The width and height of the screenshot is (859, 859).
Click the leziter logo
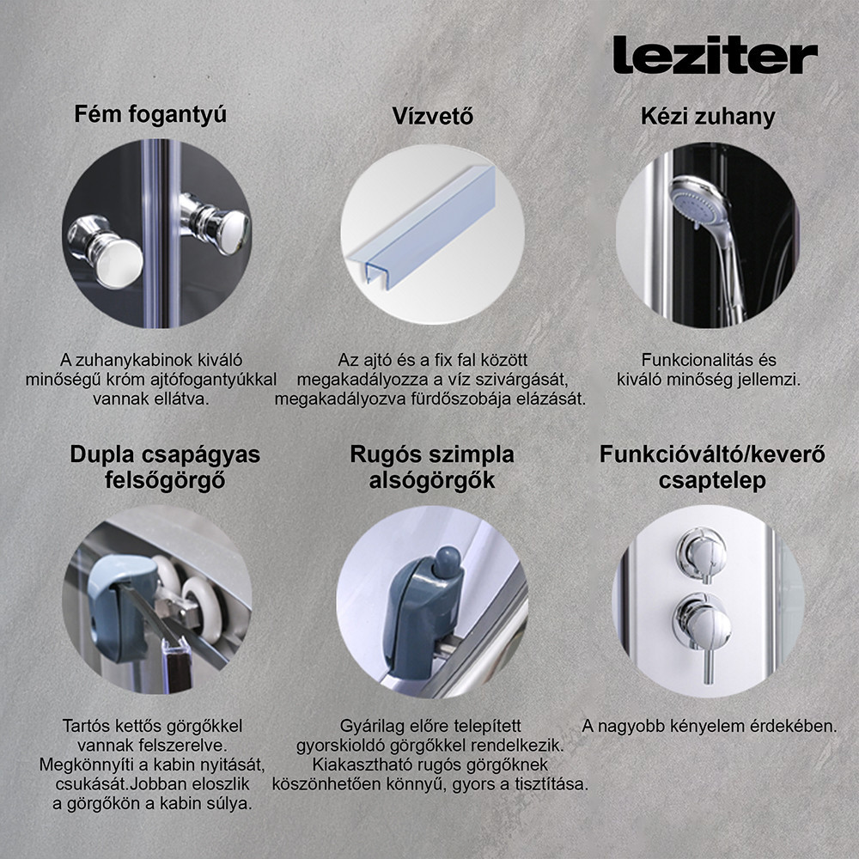click(x=715, y=55)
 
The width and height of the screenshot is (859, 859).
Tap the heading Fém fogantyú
click(x=150, y=113)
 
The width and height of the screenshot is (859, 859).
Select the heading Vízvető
click(x=432, y=116)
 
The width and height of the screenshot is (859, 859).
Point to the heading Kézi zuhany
click(x=708, y=116)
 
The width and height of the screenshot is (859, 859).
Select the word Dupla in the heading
click(x=104, y=454)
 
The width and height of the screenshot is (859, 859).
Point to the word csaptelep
click(x=711, y=481)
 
